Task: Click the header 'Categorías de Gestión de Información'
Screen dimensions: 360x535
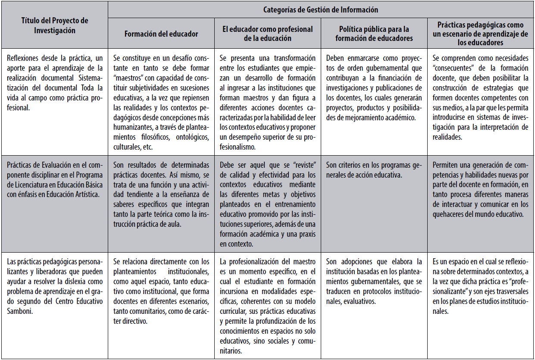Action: click(321, 9)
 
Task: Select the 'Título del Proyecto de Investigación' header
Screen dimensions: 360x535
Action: click(54, 25)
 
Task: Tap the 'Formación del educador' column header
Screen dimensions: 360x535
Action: click(161, 34)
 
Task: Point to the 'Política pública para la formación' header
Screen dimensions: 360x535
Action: click(374, 34)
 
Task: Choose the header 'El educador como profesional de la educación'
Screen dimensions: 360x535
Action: click(268, 34)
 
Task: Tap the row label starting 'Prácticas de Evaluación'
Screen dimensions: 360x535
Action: click(54, 179)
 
